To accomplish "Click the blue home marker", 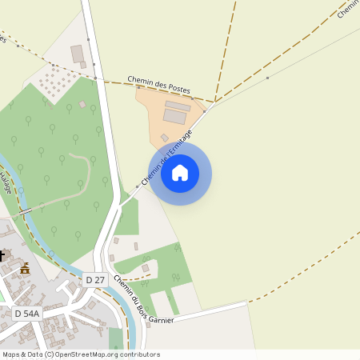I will [x=180, y=172].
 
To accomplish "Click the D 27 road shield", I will [x=94, y=279].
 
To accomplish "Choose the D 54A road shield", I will [x=26, y=314].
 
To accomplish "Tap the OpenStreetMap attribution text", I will [x=81, y=354].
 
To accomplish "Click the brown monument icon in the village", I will [x=25, y=269].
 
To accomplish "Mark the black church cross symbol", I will [x=2, y=256].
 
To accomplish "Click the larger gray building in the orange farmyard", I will [x=175, y=116].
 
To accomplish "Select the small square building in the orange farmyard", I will [x=164, y=138].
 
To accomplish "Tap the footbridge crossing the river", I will [x=26, y=210].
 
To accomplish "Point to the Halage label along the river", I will [x=6, y=182].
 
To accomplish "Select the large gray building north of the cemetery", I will [x=78, y=54].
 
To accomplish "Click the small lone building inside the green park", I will [x=82, y=104].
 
